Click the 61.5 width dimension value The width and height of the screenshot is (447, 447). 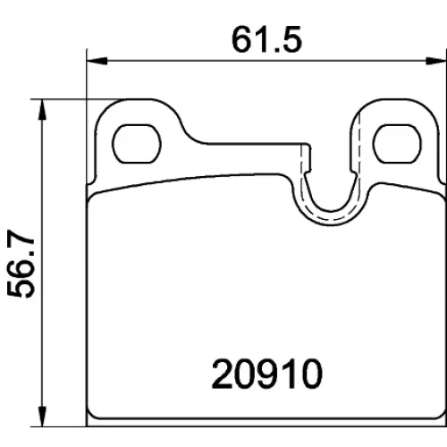pos(266,39)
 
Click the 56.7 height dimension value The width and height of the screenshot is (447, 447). pos(21,264)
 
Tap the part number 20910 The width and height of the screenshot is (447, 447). pos(267,374)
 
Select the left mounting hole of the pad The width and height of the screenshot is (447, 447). pos(137,144)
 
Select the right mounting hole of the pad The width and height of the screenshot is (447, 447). pos(398,144)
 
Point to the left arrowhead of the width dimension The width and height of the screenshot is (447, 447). pos(97,61)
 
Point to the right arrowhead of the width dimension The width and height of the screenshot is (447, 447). pos(436,61)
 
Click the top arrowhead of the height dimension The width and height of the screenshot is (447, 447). pos(43,109)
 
